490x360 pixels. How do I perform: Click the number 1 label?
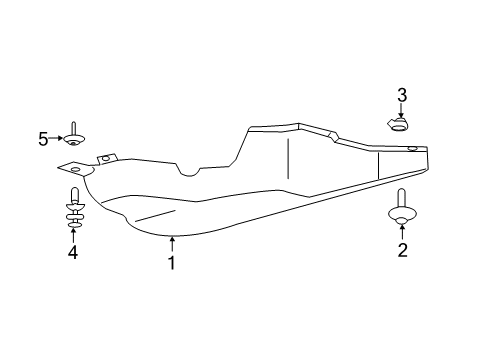(171, 264)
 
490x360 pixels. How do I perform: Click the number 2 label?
(402, 251)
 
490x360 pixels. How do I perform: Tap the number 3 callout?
(402, 96)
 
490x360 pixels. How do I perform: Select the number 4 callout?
(73, 254)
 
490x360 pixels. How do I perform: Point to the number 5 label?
(43, 140)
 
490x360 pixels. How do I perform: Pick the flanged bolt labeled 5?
(74, 135)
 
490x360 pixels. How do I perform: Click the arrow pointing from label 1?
(171, 244)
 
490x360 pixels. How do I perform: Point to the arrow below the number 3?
(402, 111)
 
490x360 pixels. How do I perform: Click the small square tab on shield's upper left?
(106, 159)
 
